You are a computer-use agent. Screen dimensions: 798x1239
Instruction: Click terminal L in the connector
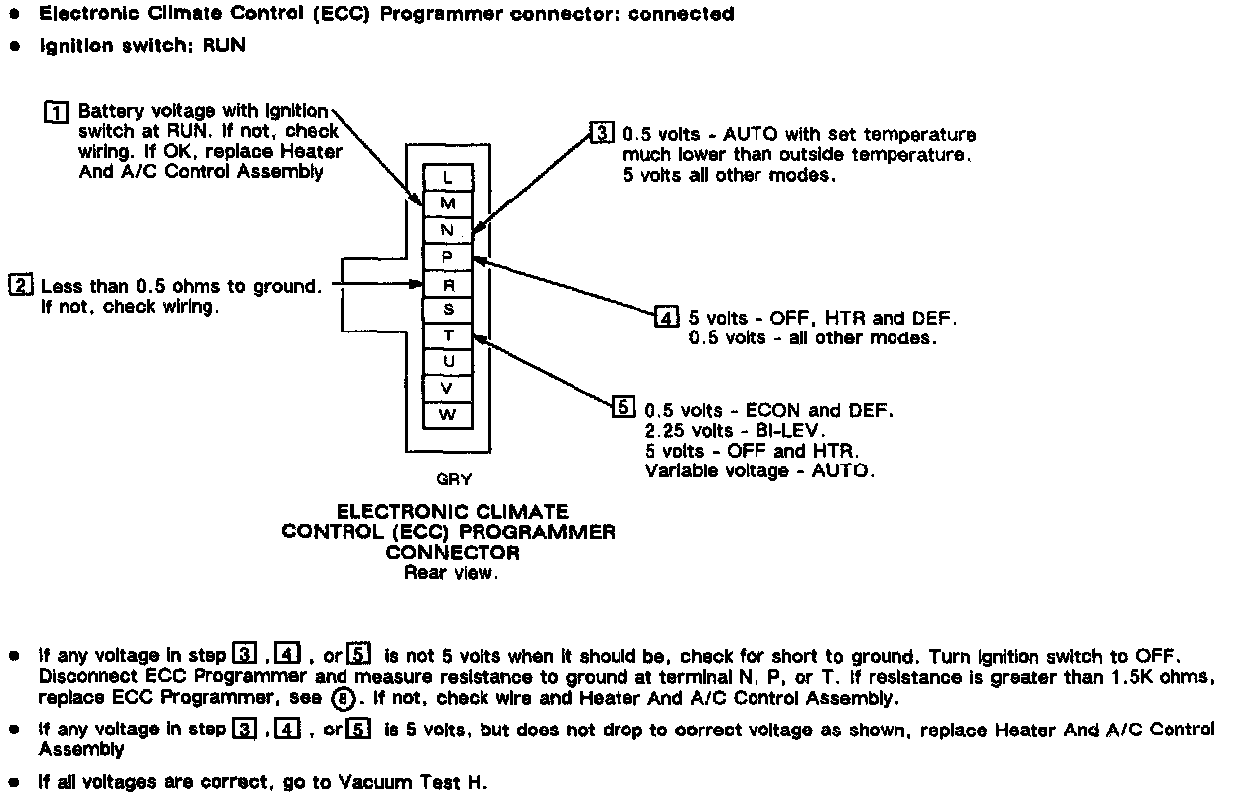(448, 178)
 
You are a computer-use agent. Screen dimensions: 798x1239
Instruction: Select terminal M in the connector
(448, 204)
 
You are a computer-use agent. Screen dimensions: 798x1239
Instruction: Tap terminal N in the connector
(448, 230)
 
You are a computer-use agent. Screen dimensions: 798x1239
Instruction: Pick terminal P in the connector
(448, 257)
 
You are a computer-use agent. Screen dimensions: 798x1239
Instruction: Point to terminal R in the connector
(448, 284)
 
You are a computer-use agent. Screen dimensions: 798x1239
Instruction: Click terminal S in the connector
(448, 310)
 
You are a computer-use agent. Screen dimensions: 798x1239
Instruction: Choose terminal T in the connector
(448, 336)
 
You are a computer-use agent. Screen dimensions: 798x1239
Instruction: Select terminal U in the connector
(448, 362)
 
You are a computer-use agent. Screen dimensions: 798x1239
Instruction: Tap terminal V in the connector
(448, 389)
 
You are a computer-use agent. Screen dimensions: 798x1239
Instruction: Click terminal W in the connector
(448, 415)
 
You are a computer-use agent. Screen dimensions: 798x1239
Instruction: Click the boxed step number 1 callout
(57, 111)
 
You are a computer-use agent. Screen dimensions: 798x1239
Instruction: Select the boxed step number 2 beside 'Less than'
(20, 286)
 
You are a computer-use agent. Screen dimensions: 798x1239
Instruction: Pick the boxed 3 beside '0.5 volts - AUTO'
(602, 133)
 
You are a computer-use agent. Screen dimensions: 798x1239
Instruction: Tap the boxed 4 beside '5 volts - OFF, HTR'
(667, 318)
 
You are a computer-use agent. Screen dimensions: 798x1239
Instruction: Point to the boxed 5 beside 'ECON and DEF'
(622, 407)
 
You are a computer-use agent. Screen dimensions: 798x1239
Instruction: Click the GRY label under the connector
(454, 480)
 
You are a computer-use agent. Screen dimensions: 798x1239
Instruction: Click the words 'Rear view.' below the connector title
(450, 573)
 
